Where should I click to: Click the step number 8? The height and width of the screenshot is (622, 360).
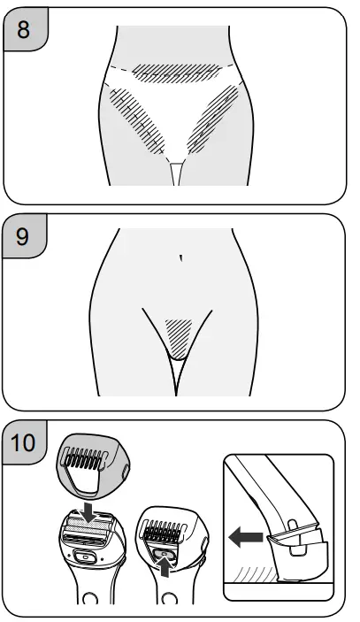click(23, 27)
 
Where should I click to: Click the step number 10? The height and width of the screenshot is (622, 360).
click(27, 440)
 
